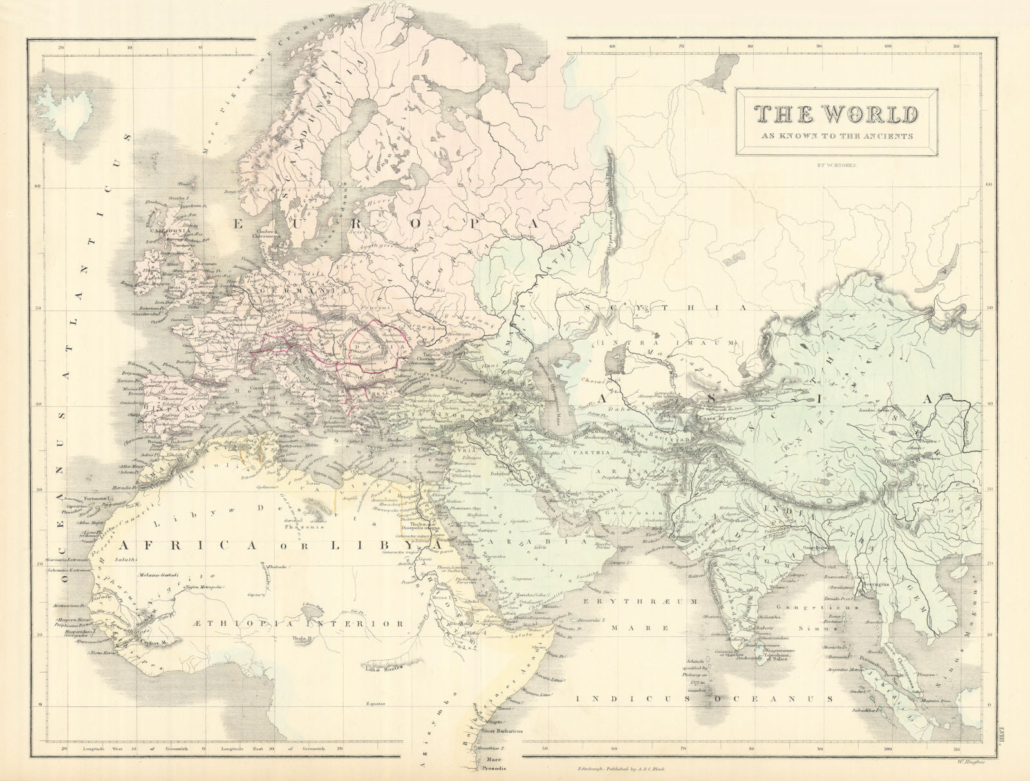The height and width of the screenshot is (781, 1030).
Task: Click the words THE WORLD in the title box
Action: click(x=836, y=114)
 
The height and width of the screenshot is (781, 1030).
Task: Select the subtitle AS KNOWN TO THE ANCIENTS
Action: click(x=836, y=136)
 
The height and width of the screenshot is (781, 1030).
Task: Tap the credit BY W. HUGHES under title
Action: click(x=836, y=165)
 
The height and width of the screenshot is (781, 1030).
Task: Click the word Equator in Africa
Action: click(x=373, y=703)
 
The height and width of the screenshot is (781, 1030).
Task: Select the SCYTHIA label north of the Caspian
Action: click(x=666, y=308)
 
